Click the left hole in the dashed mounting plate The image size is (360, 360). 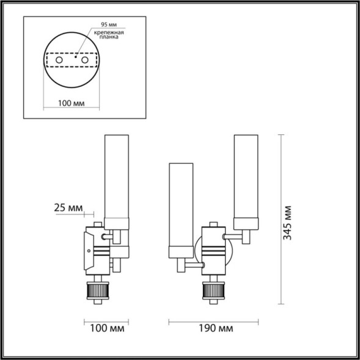[x=58, y=62]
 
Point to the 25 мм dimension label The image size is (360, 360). [x=68, y=207]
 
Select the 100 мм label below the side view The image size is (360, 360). [x=106, y=329]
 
